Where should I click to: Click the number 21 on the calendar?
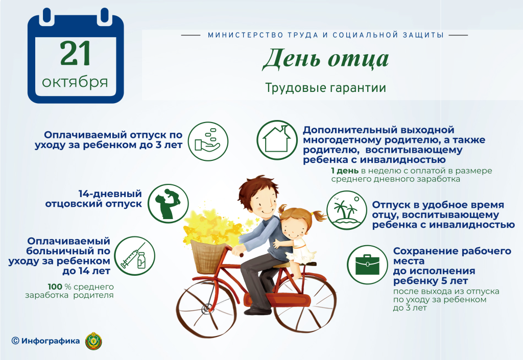click(76, 53)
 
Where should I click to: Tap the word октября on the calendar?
click(75, 82)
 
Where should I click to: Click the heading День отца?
click(325, 60)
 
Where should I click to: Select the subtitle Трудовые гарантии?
click(325, 88)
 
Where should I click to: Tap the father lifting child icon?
click(168, 203)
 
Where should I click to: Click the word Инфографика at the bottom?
click(51, 341)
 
